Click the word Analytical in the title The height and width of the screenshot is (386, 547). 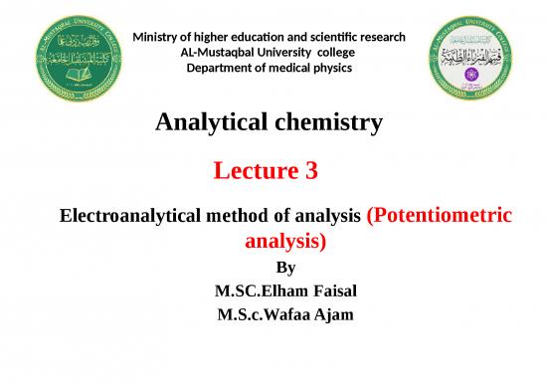(213, 123)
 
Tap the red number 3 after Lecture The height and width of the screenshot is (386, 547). (312, 171)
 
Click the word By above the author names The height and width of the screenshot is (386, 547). (285, 268)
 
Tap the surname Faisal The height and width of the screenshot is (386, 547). (328, 292)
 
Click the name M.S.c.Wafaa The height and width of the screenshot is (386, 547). (259, 316)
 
